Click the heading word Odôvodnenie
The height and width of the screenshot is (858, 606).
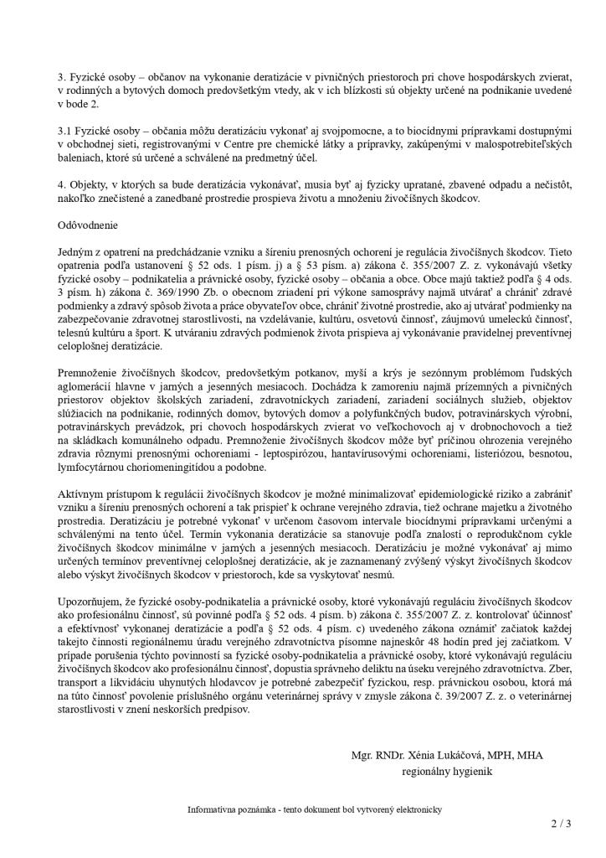[88, 225]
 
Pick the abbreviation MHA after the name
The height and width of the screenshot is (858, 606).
[531, 755]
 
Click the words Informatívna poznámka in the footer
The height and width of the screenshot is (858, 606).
[230, 810]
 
